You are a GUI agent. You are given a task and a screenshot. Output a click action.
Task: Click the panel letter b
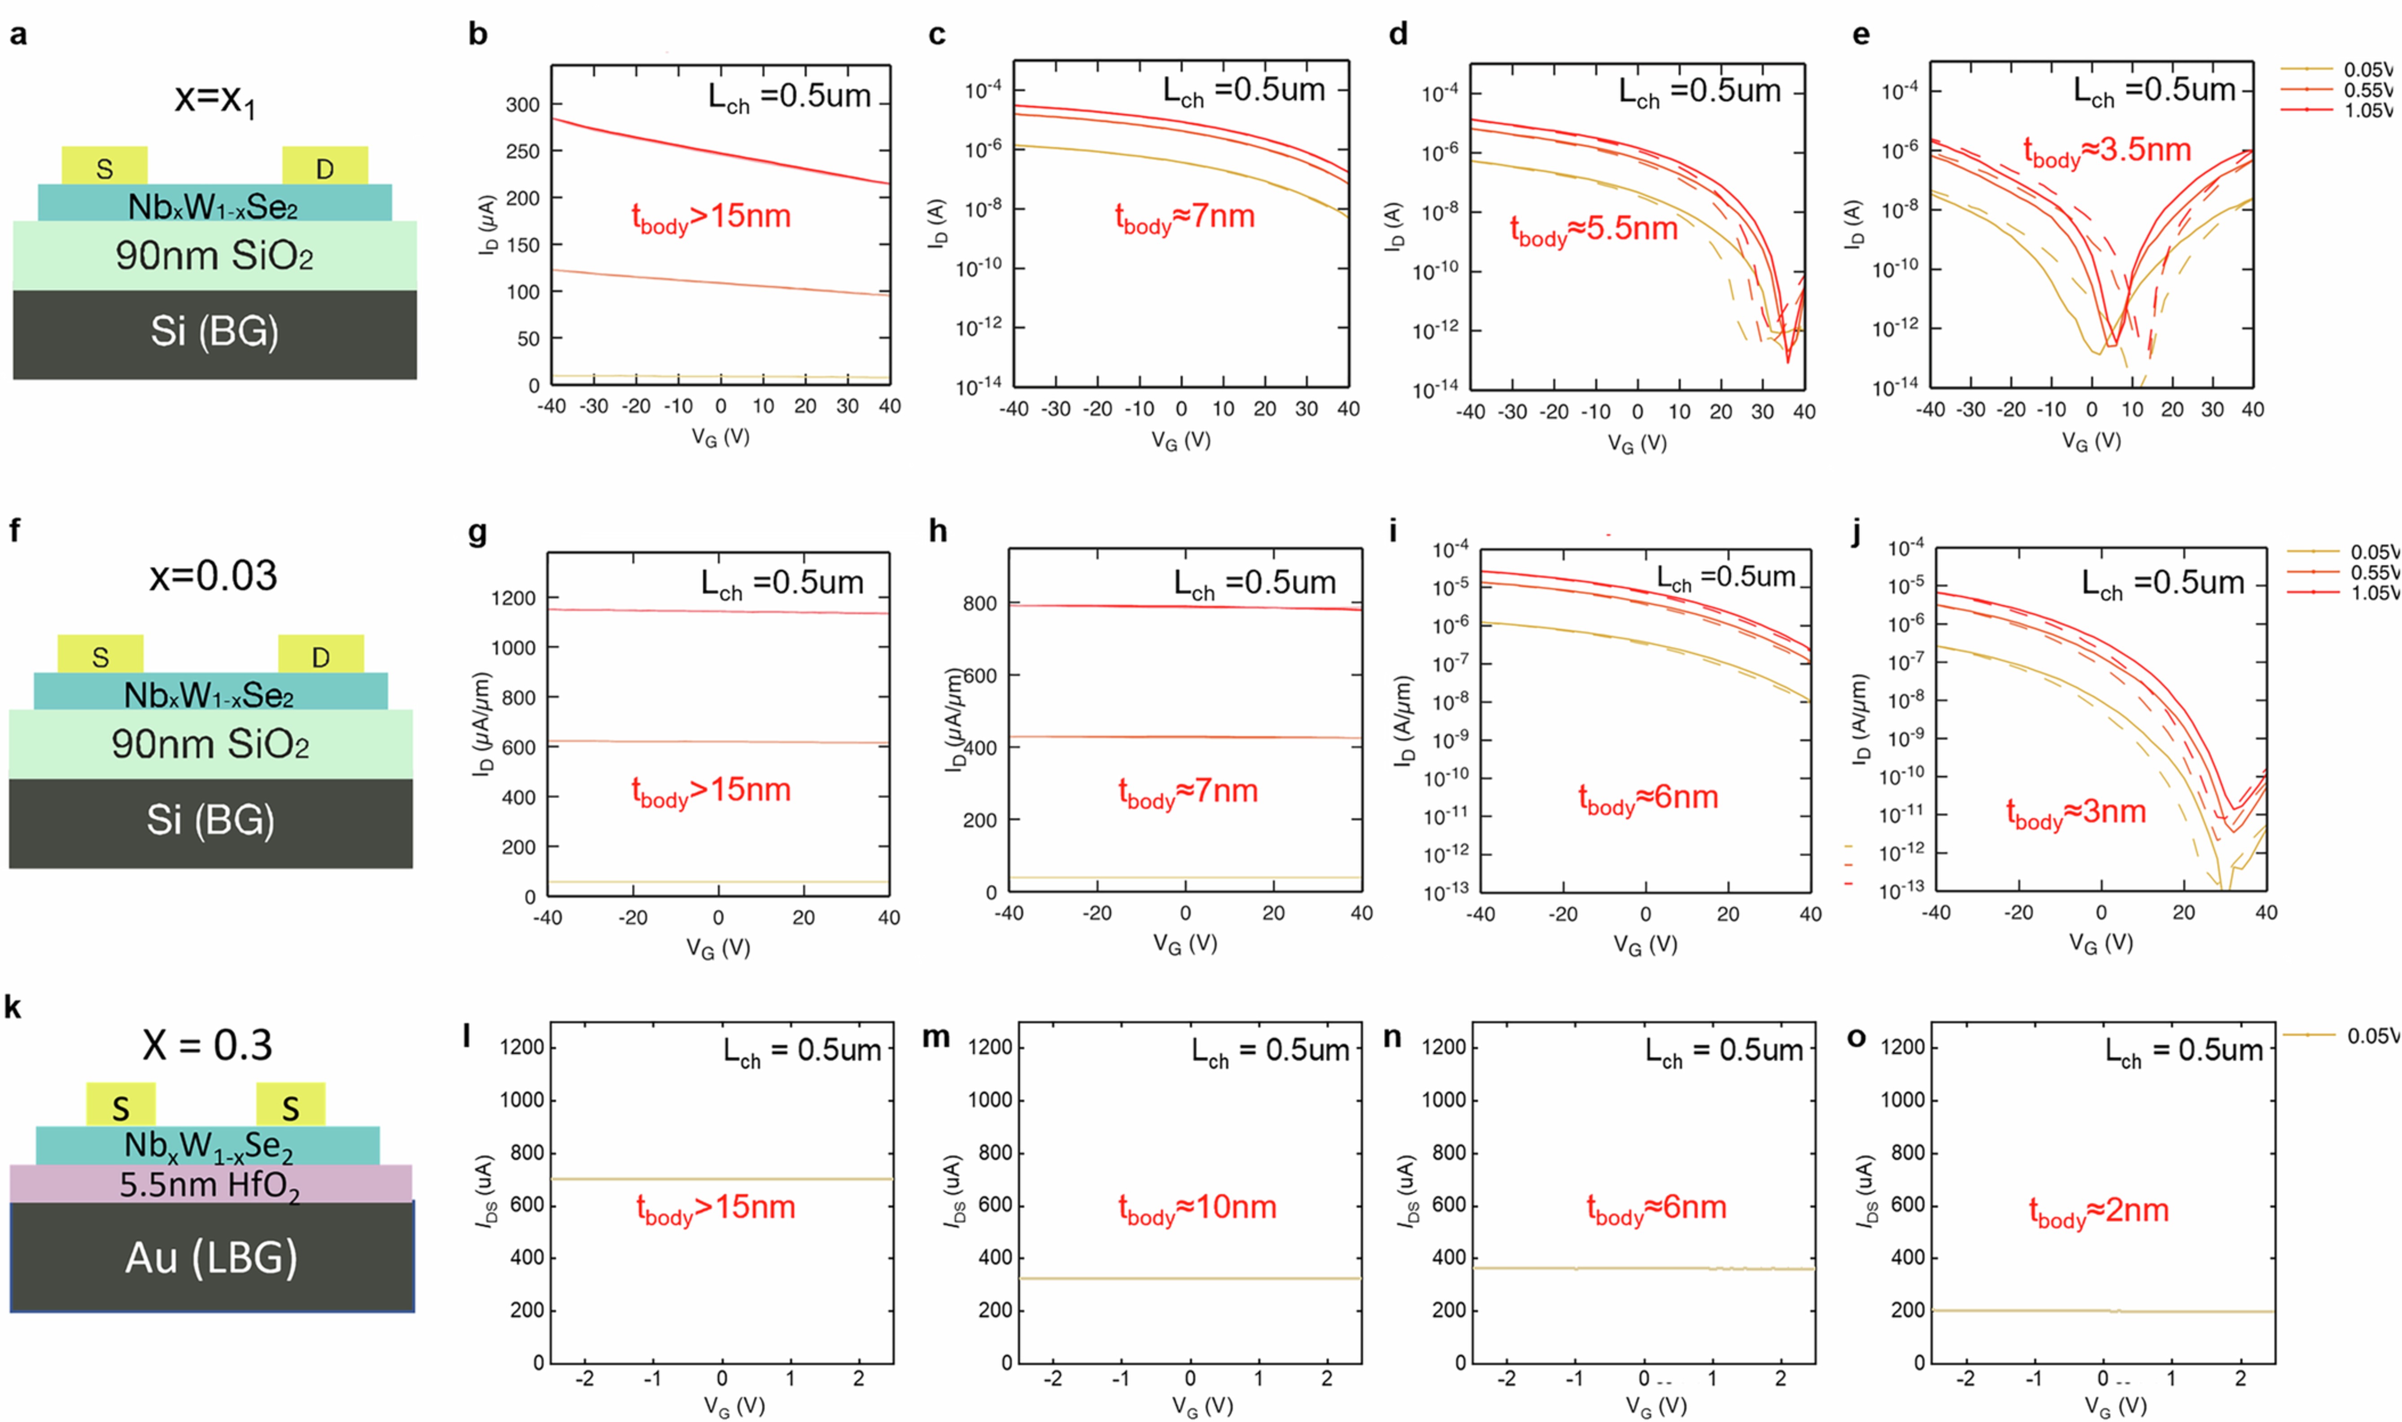point(477,35)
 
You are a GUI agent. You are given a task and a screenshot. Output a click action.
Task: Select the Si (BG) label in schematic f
point(211,820)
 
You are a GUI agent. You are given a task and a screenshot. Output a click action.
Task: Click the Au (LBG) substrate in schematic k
point(212,1257)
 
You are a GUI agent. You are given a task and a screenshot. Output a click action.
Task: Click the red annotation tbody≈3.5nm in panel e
point(2107,152)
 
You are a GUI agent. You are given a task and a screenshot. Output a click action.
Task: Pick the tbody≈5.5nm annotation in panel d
point(1594,230)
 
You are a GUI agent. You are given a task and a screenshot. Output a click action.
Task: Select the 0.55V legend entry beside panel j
point(2373,572)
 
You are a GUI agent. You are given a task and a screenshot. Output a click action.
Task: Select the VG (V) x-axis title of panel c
point(1180,441)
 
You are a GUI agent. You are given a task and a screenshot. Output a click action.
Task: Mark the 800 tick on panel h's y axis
point(979,604)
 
